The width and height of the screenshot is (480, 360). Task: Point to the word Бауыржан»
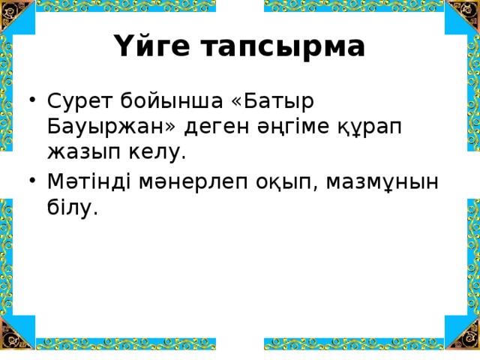(98, 127)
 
